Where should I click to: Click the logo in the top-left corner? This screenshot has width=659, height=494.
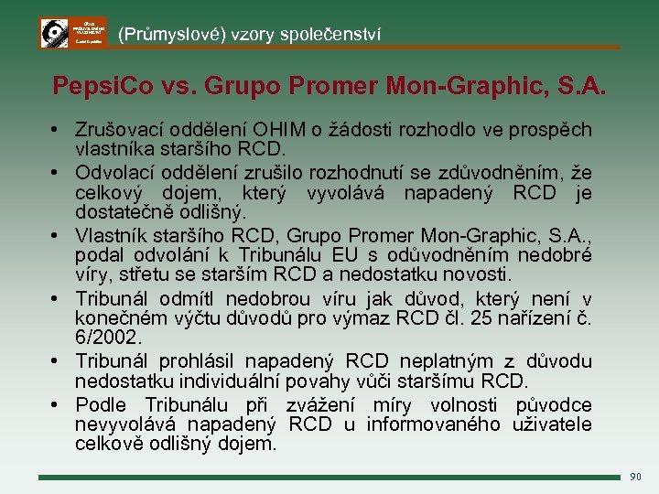click(x=73, y=32)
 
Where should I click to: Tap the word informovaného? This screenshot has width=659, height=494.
click(x=433, y=424)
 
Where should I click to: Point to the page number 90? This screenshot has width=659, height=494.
click(x=637, y=477)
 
